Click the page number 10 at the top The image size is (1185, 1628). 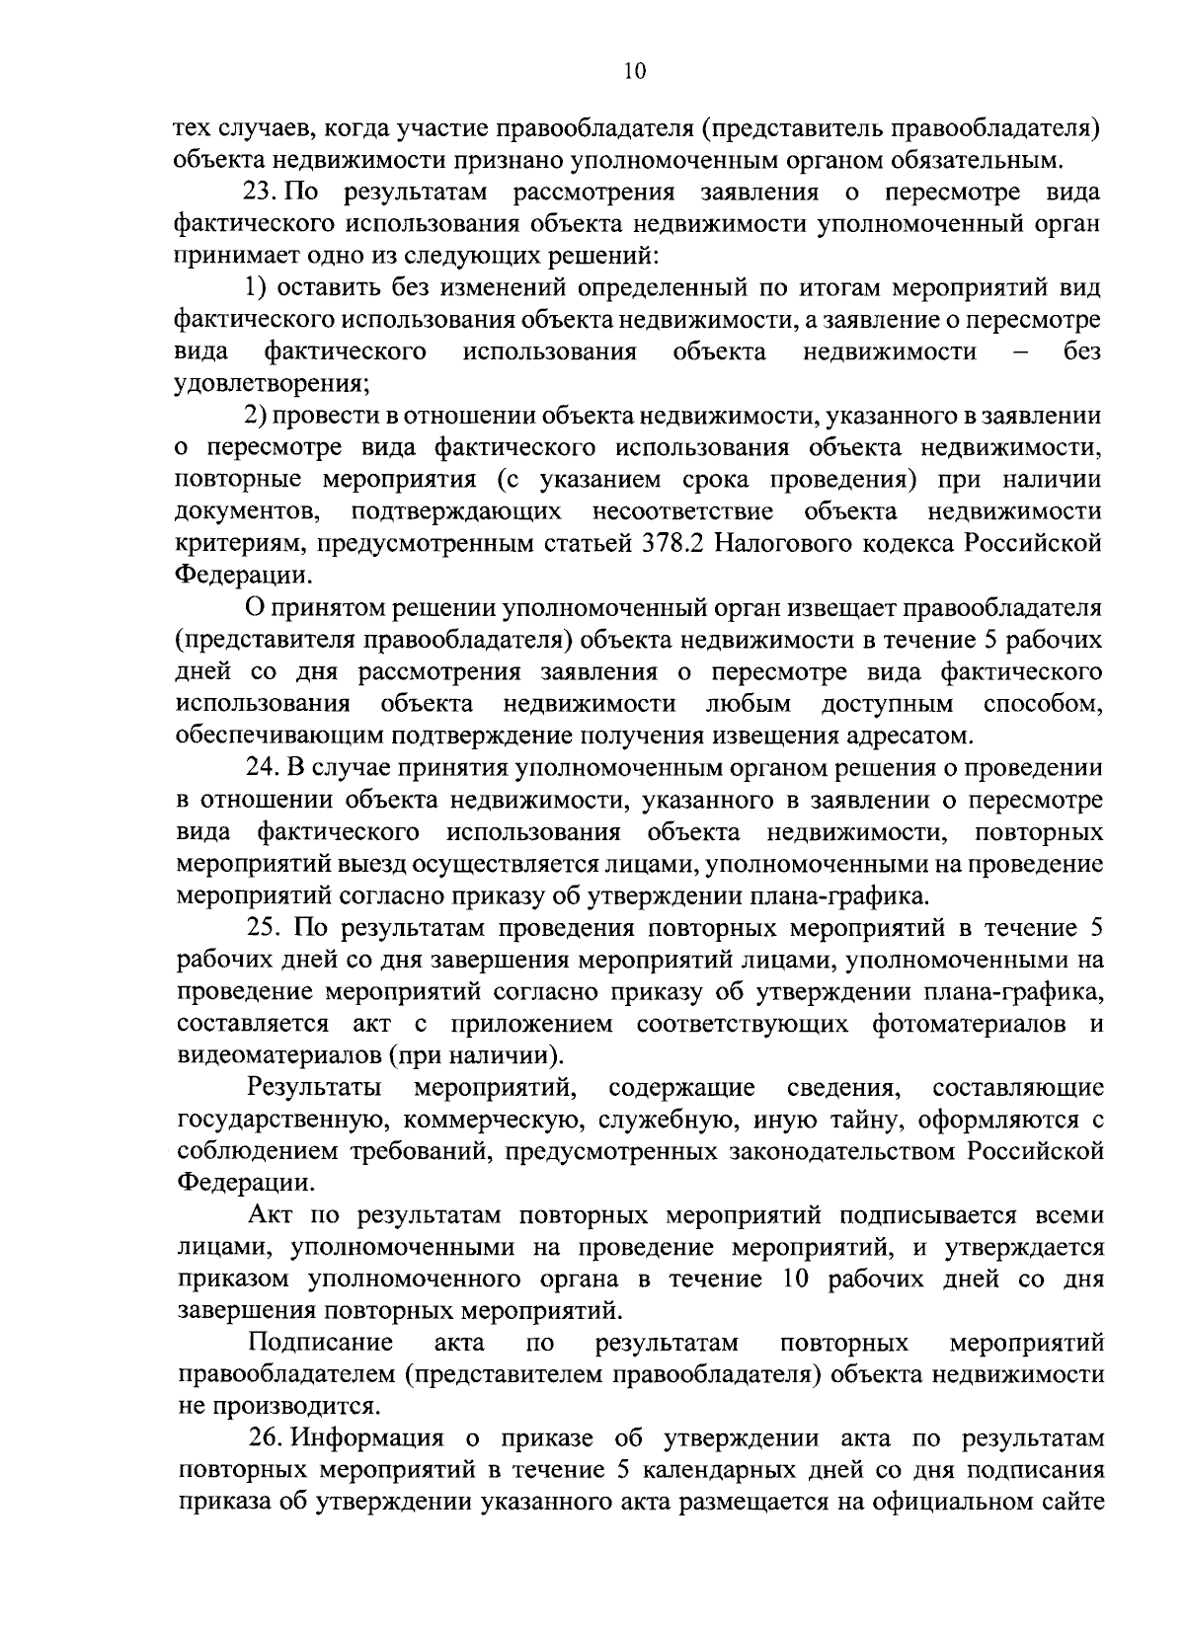tap(634, 70)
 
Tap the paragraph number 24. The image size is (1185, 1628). tap(264, 767)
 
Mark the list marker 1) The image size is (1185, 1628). tap(257, 287)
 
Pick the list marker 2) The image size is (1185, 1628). tap(257, 416)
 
